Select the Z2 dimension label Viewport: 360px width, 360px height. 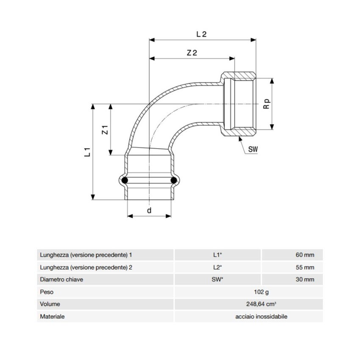click(x=192, y=53)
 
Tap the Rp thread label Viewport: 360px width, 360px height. click(x=266, y=104)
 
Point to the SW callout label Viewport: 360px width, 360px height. click(x=253, y=149)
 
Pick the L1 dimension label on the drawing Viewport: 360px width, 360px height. click(x=87, y=152)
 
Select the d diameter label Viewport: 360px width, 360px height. click(x=149, y=210)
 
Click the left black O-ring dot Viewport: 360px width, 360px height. click(x=125, y=181)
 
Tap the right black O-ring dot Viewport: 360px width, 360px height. click(x=173, y=181)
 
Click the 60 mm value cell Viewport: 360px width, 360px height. click(x=305, y=255)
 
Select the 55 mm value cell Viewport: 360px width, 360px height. click(x=305, y=267)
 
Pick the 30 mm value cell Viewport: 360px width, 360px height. click(x=305, y=280)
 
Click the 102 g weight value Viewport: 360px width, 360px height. click(x=249, y=292)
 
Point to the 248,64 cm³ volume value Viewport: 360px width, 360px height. click(x=249, y=304)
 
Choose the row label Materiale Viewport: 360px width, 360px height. click(x=52, y=316)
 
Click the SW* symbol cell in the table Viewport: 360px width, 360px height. click(x=218, y=280)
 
